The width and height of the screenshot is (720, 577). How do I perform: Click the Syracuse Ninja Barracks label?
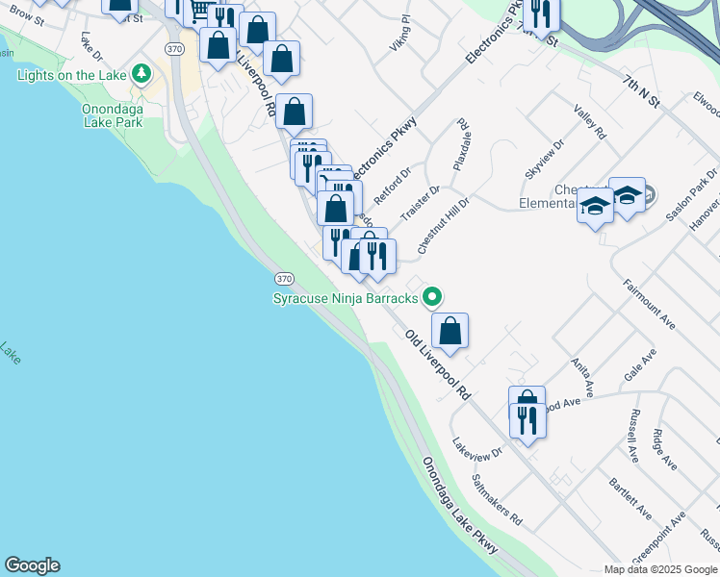(x=346, y=298)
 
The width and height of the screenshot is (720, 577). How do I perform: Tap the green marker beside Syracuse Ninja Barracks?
(x=433, y=297)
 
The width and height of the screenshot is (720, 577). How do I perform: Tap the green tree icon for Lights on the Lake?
(x=141, y=74)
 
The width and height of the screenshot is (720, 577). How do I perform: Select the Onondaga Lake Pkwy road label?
(x=460, y=505)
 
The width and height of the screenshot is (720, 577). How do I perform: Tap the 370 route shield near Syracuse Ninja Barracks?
(x=283, y=278)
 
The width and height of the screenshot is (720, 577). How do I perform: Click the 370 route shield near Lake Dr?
(x=173, y=48)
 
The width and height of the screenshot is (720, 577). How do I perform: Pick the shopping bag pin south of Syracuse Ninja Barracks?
(x=450, y=332)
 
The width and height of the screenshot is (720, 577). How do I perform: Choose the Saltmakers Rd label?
(x=497, y=499)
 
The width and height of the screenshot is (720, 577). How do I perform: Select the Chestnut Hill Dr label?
(x=443, y=228)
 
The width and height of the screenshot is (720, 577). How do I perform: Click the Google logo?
(x=32, y=565)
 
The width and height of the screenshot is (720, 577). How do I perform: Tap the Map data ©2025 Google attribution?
(x=659, y=569)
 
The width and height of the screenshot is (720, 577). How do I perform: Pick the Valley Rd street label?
(x=589, y=122)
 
